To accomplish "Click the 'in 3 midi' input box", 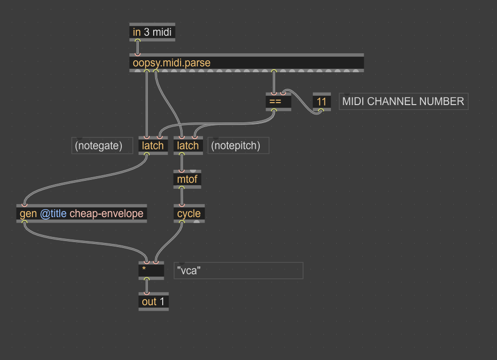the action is click(x=152, y=32).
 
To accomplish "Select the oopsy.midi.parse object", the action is click(x=247, y=63).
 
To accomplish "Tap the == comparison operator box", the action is click(x=278, y=102).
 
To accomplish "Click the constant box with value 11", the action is click(x=322, y=102).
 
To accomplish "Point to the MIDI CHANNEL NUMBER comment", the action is click(x=403, y=102).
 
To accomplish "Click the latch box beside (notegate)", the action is click(x=153, y=145).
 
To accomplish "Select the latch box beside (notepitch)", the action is click(x=188, y=145).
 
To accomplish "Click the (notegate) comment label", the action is click(x=102, y=145).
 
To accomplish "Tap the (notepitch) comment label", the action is click(x=238, y=145).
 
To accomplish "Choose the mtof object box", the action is click(x=188, y=179).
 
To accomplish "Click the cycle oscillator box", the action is click(x=189, y=214).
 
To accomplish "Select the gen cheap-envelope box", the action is click(x=82, y=214).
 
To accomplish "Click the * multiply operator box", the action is click(x=151, y=270).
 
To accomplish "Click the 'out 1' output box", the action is click(x=153, y=302).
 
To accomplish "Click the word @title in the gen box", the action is click(x=53, y=214).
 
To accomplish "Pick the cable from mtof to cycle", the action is click(x=182, y=196).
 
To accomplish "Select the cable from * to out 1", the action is click(x=146, y=286).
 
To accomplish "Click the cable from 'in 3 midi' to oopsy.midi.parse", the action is click(x=137, y=48).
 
